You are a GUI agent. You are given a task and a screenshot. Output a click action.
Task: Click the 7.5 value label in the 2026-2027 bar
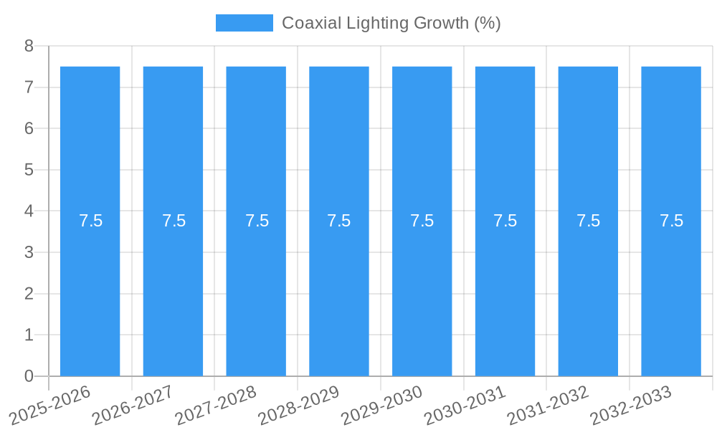tap(174, 221)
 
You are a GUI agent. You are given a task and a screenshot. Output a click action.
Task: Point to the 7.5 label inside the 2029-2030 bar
tap(422, 221)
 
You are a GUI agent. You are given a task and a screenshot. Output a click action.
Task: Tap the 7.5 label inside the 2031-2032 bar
tap(588, 221)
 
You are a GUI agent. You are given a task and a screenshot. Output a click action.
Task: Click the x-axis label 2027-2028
tap(216, 405)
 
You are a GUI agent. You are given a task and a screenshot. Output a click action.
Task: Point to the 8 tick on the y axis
tap(29, 46)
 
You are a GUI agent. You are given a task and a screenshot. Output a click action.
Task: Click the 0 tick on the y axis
tap(29, 376)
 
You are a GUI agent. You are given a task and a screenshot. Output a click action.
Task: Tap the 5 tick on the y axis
tap(29, 170)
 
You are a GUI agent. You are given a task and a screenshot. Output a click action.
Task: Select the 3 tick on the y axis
tap(29, 252)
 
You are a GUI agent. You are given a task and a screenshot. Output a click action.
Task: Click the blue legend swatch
tap(244, 23)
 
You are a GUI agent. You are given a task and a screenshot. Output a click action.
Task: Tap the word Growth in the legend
tap(442, 23)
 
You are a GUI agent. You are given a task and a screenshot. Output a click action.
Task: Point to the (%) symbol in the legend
tap(488, 23)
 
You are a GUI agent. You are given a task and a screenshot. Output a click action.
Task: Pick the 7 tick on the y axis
tap(29, 87)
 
